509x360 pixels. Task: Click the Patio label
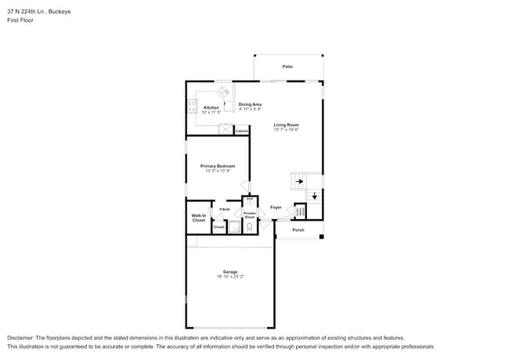287,67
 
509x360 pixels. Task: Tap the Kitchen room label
211,107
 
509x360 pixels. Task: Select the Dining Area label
250,104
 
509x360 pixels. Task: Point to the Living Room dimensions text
286,130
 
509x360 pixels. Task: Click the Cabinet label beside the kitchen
241,131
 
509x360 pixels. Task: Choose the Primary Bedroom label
218,166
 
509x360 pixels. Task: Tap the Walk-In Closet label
199,218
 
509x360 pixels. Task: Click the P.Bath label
224,210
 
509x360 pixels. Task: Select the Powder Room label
250,214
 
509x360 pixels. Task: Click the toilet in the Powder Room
250,228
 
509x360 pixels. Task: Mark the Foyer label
276,207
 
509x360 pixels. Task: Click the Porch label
298,230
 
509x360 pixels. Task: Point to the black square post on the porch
321,237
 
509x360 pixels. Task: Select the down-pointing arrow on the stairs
315,196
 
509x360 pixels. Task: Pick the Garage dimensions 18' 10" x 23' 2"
229,277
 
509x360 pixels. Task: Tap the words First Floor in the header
20,20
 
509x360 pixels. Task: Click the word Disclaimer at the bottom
23,337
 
